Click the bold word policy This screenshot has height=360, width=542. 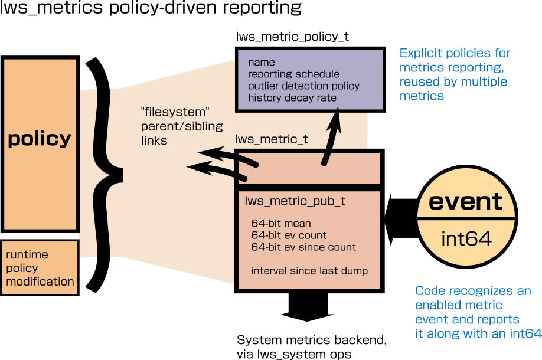coord(40,139)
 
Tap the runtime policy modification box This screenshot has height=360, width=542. coord(40,268)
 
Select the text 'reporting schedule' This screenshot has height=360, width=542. coord(293,74)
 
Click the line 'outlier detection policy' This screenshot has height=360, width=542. coord(303,86)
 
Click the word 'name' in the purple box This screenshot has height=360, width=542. coord(262,62)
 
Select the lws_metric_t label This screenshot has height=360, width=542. coord(272,140)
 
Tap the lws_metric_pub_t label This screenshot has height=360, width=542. coord(295,201)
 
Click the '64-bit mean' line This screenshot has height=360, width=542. coord(281,224)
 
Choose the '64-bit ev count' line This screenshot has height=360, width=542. coord(289,235)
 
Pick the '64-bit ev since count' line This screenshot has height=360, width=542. coord(303,247)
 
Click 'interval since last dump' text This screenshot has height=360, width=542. coord(309,271)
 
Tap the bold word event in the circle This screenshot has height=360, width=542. coord(466,202)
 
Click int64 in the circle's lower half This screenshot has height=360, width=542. coord(466,239)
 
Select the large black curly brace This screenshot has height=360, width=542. coord(109,174)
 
